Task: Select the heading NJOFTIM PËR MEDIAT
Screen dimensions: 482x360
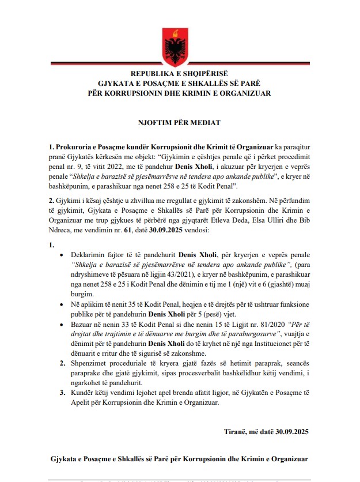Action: pos(180,123)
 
